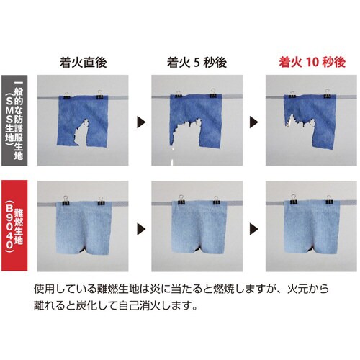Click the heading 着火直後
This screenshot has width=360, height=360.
(x=84, y=63)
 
